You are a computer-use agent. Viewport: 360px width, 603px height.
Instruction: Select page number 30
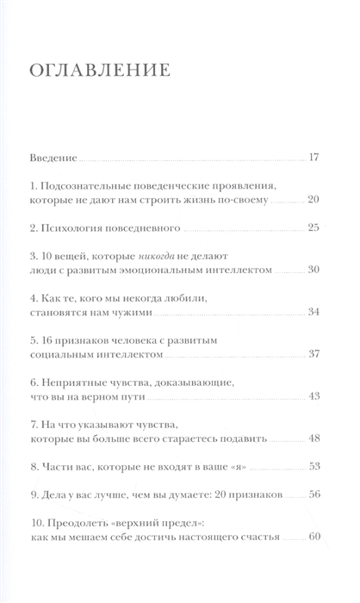tap(314, 270)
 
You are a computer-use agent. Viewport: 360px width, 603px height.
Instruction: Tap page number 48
tap(314, 438)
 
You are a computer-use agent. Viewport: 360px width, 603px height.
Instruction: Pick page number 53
tap(314, 466)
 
